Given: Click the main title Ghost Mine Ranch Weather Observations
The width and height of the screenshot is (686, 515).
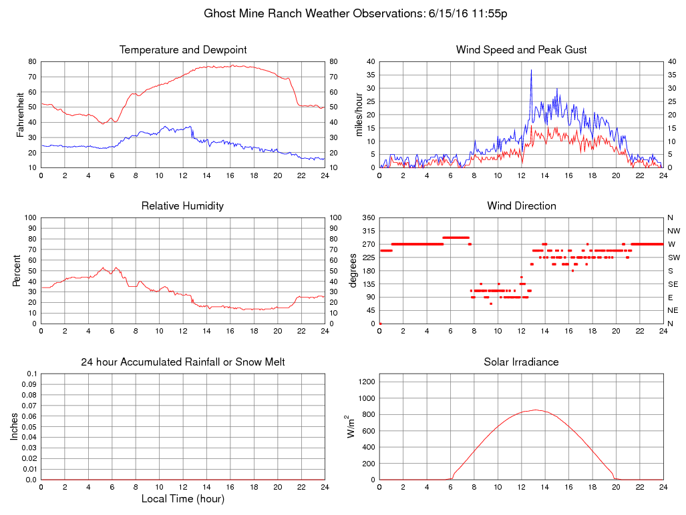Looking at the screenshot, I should [x=355, y=13].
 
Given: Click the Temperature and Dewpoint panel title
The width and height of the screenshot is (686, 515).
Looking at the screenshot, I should [x=183, y=50].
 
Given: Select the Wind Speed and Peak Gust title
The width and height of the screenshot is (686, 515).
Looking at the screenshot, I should [x=521, y=50].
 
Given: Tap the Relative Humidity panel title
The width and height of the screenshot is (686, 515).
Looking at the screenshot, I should [x=182, y=206].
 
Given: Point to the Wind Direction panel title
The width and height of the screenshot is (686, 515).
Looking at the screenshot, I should [x=521, y=206].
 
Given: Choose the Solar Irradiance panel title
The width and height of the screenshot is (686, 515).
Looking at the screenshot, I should [x=521, y=362].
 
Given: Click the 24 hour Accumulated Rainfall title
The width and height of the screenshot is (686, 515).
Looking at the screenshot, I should [x=182, y=362].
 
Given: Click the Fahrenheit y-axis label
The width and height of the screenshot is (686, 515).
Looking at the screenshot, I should [x=21, y=115].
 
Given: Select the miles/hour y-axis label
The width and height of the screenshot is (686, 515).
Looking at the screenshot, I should [x=359, y=115].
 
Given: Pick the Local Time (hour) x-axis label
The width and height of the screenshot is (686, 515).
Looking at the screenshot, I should [x=182, y=499].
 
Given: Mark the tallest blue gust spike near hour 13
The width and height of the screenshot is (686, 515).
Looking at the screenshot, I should [x=532, y=70].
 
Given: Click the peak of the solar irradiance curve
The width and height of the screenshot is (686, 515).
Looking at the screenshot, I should [x=536, y=410].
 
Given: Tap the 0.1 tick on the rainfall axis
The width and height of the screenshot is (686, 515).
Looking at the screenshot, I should [x=31, y=374].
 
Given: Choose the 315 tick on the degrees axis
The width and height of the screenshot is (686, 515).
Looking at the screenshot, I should [x=367, y=231].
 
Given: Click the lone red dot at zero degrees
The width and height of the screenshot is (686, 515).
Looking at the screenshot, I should [x=380, y=324].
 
